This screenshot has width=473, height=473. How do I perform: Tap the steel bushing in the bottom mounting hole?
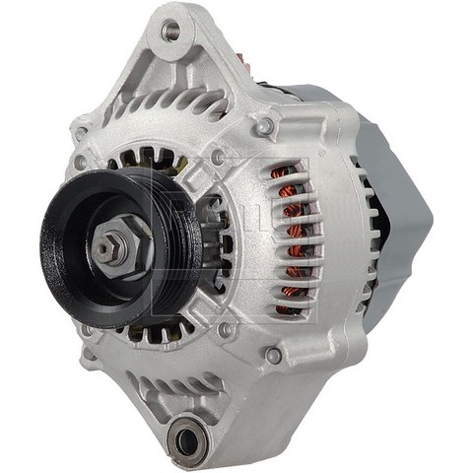click(185, 439)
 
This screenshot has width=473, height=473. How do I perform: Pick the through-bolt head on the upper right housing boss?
click(263, 126)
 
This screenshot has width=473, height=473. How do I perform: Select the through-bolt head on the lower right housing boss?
click(273, 354)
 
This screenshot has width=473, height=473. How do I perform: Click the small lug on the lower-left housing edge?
click(89, 355)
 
